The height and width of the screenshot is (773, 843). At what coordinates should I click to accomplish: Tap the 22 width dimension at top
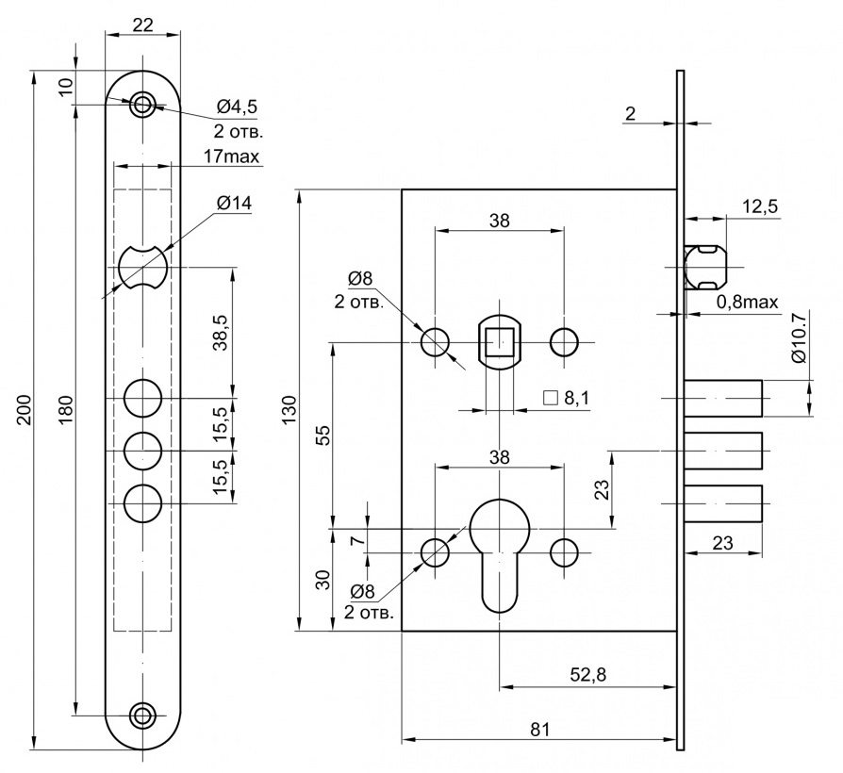pyautogui.click(x=142, y=25)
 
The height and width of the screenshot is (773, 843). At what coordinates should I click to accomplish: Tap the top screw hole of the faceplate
pyautogui.click(x=142, y=103)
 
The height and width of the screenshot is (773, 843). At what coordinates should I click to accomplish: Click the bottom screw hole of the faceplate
pyautogui.click(x=142, y=715)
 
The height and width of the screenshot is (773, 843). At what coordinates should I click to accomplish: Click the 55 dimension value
pyautogui.click(x=322, y=436)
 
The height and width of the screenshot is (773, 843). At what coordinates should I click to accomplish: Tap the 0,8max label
pyautogui.click(x=747, y=302)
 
